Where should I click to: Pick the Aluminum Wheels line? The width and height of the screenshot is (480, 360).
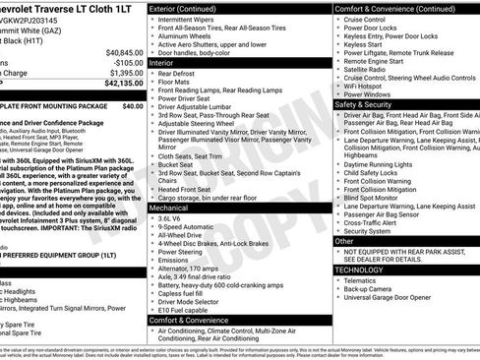188,36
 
